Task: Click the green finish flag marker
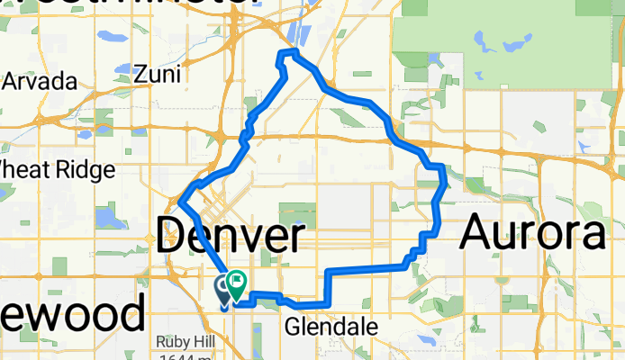coord(237,283)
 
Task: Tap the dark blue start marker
coord(223,289)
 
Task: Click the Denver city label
coord(230,237)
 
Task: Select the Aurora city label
coord(532,234)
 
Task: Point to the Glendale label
coord(331,327)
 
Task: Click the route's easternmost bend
coord(446,184)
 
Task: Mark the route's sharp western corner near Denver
coord(181,202)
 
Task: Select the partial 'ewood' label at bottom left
coord(72,315)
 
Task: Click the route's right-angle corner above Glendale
coord(328,271)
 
